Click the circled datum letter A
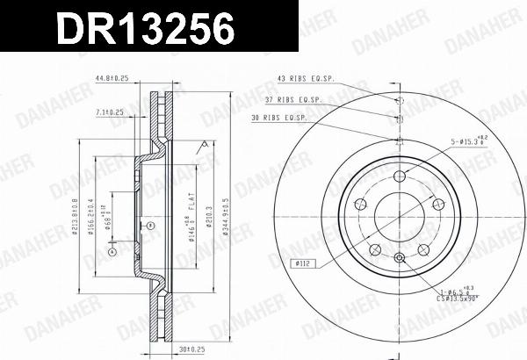click(112, 252)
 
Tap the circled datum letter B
click(151, 226)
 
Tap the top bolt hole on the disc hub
click(400, 176)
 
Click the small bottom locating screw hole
click(400, 257)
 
